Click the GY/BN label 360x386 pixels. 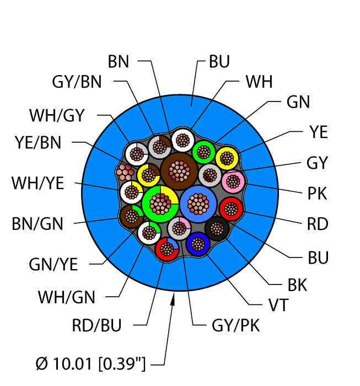[77, 82]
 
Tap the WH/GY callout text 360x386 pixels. [57, 115]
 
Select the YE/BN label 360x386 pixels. [38, 142]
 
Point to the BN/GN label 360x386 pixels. [38, 224]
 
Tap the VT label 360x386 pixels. [277, 305]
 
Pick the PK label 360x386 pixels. [317, 194]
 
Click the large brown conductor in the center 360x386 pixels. [179, 171]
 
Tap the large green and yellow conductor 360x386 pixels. [159, 203]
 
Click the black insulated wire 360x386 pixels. [216, 228]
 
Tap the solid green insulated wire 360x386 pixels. [203, 151]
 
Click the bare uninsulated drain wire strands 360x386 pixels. [126, 172]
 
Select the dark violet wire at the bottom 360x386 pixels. [197, 244]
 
